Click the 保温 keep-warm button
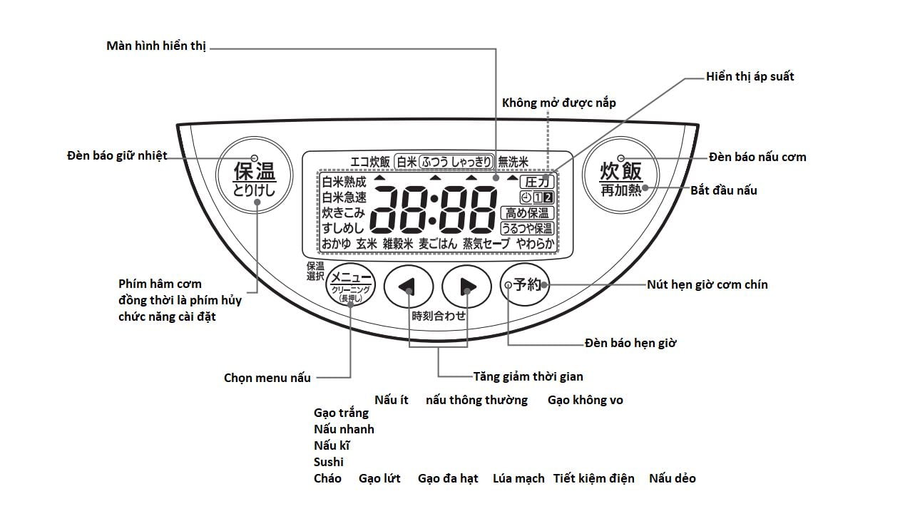(x=254, y=178)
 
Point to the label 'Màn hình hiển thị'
(x=156, y=46)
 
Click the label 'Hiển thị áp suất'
(x=750, y=76)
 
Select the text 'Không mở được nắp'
(x=558, y=103)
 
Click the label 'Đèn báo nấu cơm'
(x=757, y=157)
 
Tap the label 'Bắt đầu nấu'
(x=723, y=190)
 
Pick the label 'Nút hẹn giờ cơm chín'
(x=707, y=284)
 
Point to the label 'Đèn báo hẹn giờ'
(x=630, y=343)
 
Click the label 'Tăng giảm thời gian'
(x=528, y=376)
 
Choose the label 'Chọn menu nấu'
(x=267, y=378)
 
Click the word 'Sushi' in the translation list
(x=328, y=462)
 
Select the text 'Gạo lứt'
(x=379, y=478)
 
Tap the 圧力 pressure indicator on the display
(x=536, y=182)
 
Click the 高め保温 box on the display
(x=527, y=212)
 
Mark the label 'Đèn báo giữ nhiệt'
(x=117, y=155)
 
